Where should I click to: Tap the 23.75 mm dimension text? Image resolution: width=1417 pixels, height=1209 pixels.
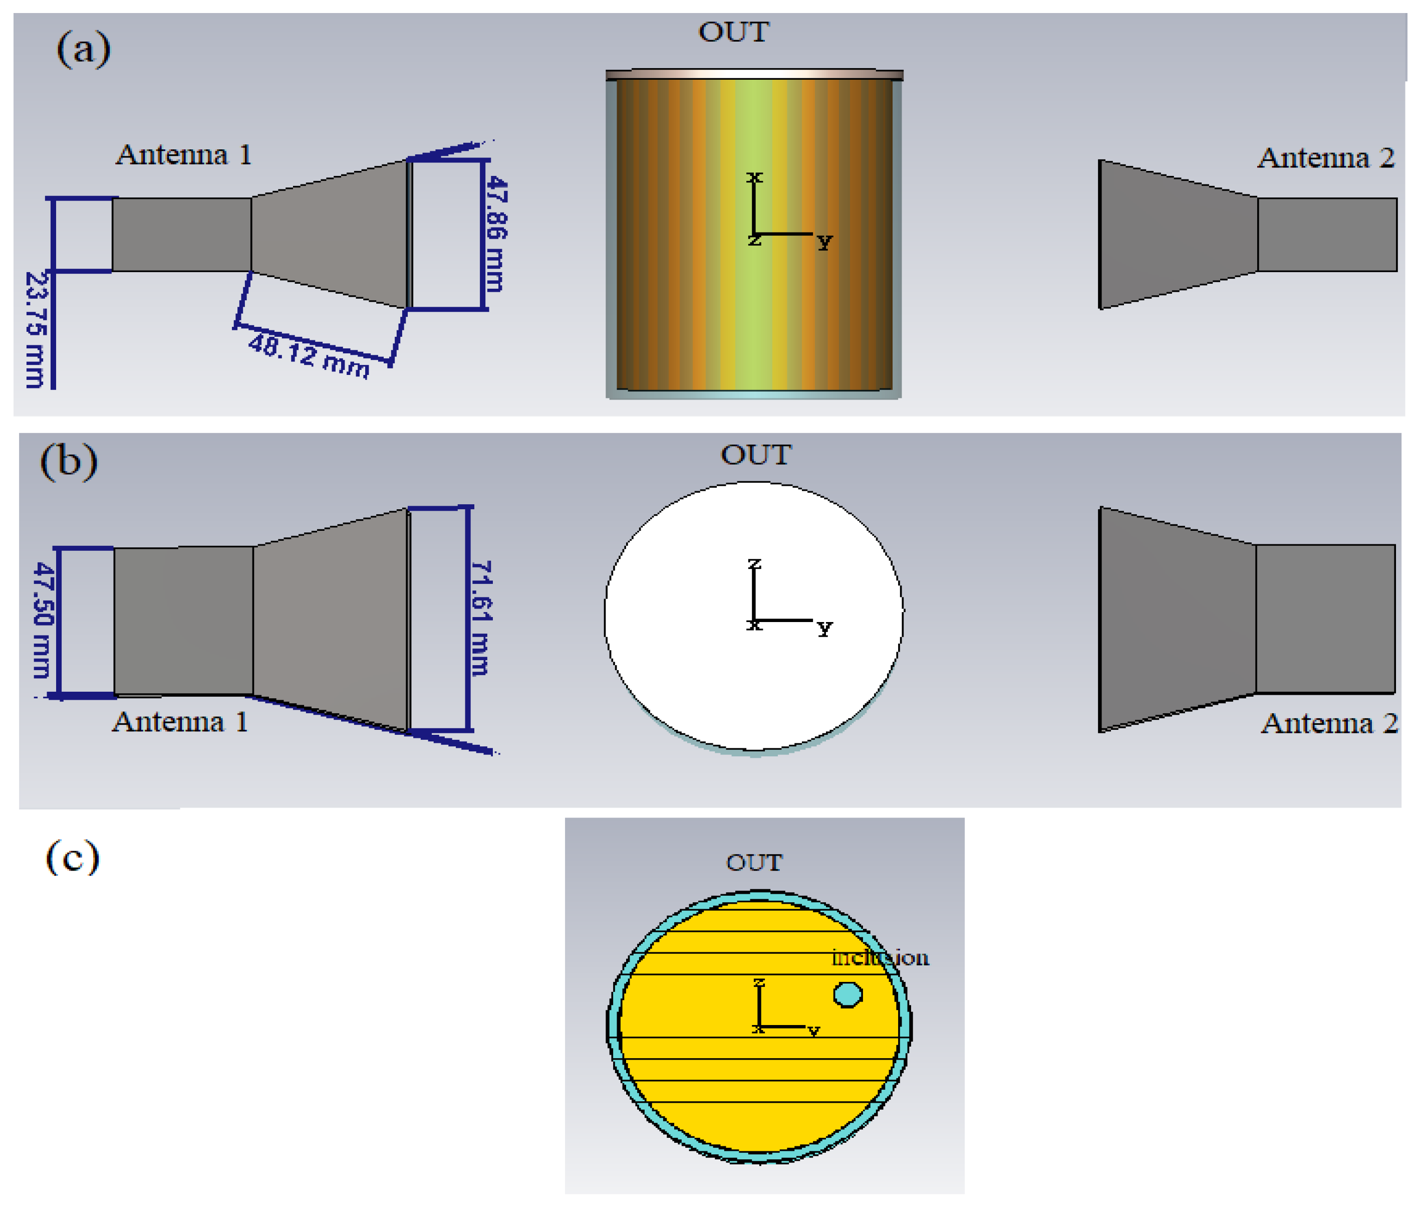pyautogui.click(x=36, y=329)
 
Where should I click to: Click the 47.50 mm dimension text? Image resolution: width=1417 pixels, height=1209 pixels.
pyautogui.click(x=43, y=620)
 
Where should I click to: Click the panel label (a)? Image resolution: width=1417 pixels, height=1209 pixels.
pyautogui.click(x=84, y=49)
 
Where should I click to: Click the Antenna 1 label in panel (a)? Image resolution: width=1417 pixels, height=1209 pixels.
pyautogui.click(x=183, y=155)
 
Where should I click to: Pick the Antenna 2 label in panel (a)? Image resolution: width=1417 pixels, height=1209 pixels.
pyautogui.click(x=1325, y=158)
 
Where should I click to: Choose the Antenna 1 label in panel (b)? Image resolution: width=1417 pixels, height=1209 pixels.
pyautogui.click(x=180, y=722)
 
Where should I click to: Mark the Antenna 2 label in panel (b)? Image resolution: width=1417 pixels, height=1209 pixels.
pyautogui.click(x=1329, y=723)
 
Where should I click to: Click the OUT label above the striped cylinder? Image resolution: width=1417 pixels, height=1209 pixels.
pyautogui.click(x=734, y=32)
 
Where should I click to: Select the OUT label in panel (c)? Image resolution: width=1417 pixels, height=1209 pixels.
pyautogui.click(x=754, y=862)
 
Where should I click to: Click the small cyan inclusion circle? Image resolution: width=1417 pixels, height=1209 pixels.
pyautogui.click(x=847, y=994)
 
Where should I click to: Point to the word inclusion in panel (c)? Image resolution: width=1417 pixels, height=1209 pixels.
pyautogui.click(x=880, y=957)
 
